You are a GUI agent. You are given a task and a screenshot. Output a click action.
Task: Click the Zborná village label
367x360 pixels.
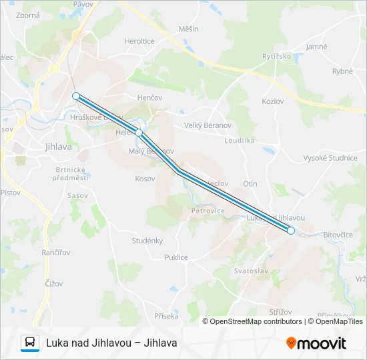pyautogui.click(x=27, y=15)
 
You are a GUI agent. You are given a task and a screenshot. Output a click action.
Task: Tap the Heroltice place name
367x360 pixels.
pyautogui.click(x=139, y=41)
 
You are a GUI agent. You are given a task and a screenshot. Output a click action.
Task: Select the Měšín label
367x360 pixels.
pyautogui.click(x=188, y=29)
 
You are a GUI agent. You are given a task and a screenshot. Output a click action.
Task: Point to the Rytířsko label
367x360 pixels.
pyautogui.click(x=277, y=56)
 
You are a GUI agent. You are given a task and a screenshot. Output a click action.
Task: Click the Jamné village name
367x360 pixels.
pyautogui.click(x=316, y=47)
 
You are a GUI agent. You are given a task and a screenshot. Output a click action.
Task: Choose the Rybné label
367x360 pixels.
pyautogui.click(x=342, y=71)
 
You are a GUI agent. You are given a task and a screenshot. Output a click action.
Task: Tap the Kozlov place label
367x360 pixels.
pyautogui.click(x=273, y=101)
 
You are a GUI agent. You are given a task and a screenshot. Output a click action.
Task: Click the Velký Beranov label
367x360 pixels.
pyautogui.click(x=207, y=125)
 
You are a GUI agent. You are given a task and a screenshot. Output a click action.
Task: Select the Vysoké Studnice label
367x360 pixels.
pyautogui.click(x=330, y=158)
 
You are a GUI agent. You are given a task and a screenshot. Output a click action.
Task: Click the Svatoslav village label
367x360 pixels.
pyautogui.click(x=251, y=271)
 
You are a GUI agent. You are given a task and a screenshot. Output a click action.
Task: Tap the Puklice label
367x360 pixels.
pyautogui.click(x=176, y=257)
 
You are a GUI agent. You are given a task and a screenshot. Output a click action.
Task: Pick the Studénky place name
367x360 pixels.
pyautogui.click(x=147, y=241)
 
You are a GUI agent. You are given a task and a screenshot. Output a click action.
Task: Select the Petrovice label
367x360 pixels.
pyautogui.click(x=208, y=211)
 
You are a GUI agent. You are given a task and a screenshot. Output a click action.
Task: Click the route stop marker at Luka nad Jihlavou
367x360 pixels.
pyautogui.click(x=291, y=231)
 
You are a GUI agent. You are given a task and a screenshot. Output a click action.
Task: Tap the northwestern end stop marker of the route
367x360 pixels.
pyautogui.click(x=76, y=95)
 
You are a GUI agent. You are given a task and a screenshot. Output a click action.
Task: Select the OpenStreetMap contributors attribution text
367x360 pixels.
pyautogui.click(x=256, y=321)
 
